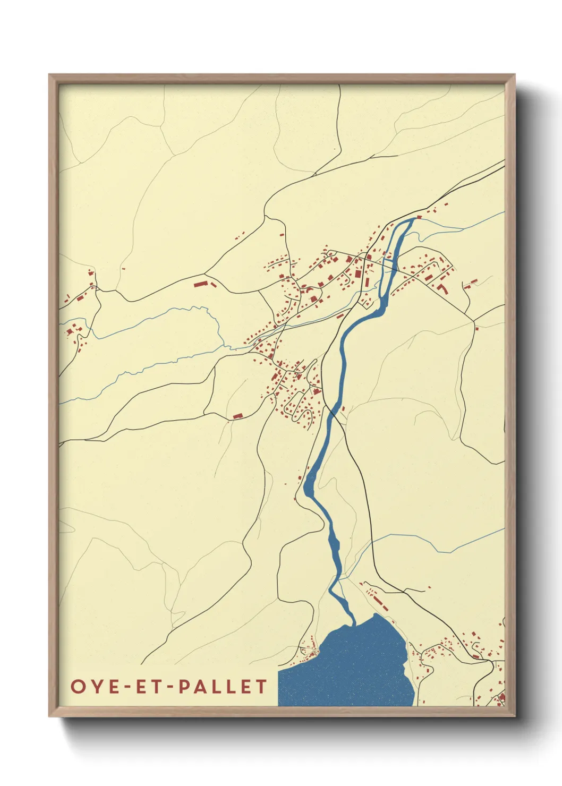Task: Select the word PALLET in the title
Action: (x=223, y=686)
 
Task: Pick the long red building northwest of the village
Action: (x=200, y=284)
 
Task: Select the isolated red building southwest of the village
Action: (x=237, y=416)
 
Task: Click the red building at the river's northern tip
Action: (x=419, y=217)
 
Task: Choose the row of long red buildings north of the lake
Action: (x=378, y=600)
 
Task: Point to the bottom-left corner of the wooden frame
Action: (x=50, y=715)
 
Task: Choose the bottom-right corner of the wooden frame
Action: (x=514, y=715)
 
